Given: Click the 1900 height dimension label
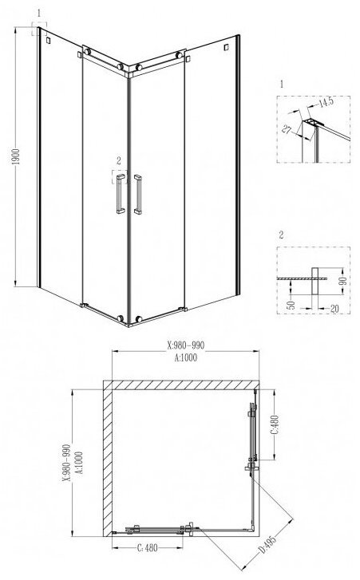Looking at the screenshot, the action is pyautogui.click(x=16, y=157).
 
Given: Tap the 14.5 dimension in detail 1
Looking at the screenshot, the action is pyautogui.click(x=326, y=102).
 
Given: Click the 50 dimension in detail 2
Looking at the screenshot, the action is pyautogui.click(x=291, y=305).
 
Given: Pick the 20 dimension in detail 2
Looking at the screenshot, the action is pyautogui.click(x=334, y=309).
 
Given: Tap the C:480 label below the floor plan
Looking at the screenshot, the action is pyautogui.click(x=147, y=548).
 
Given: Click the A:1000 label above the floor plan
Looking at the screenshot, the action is pyautogui.click(x=185, y=357).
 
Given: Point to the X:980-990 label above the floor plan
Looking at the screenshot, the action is pyautogui.click(x=186, y=345).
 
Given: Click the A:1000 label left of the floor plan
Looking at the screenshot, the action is pyautogui.click(x=79, y=463).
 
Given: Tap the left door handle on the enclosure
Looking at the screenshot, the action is pyautogui.click(x=121, y=194).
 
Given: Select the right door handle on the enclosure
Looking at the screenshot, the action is pyautogui.click(x=137, y=195).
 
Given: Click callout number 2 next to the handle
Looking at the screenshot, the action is pyautogui.click(x=118, y=161).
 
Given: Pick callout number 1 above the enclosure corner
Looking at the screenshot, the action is pyautogui.click(x=39, y=14).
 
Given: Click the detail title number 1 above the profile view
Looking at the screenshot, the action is pyautogui.click(x=282, y=84).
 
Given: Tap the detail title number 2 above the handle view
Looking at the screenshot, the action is pyautogui.click(x=282, y=235).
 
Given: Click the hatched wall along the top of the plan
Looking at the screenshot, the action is pyautogui.click(x=181, y=385).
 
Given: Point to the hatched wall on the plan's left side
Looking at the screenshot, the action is pyautogui.click(x=108, y=458).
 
